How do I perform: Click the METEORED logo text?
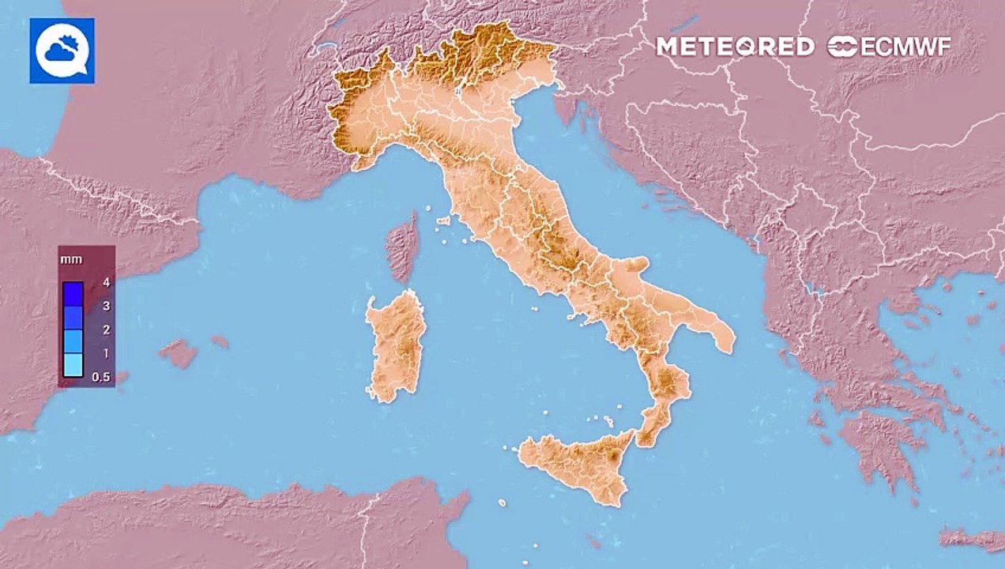click(x=735, y=47)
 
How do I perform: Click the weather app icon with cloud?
click(x=62, y=51)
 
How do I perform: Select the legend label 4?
click(x=105, y=281)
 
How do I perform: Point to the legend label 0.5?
click(x=101, y=377)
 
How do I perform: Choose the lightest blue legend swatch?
click(x=73, y=364)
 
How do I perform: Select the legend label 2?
click(x=105, y=329)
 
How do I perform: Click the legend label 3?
click(x=105, y=305)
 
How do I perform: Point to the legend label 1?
click(x=105, y=352)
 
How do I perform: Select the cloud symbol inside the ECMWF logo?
click(x=842, y=47)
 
